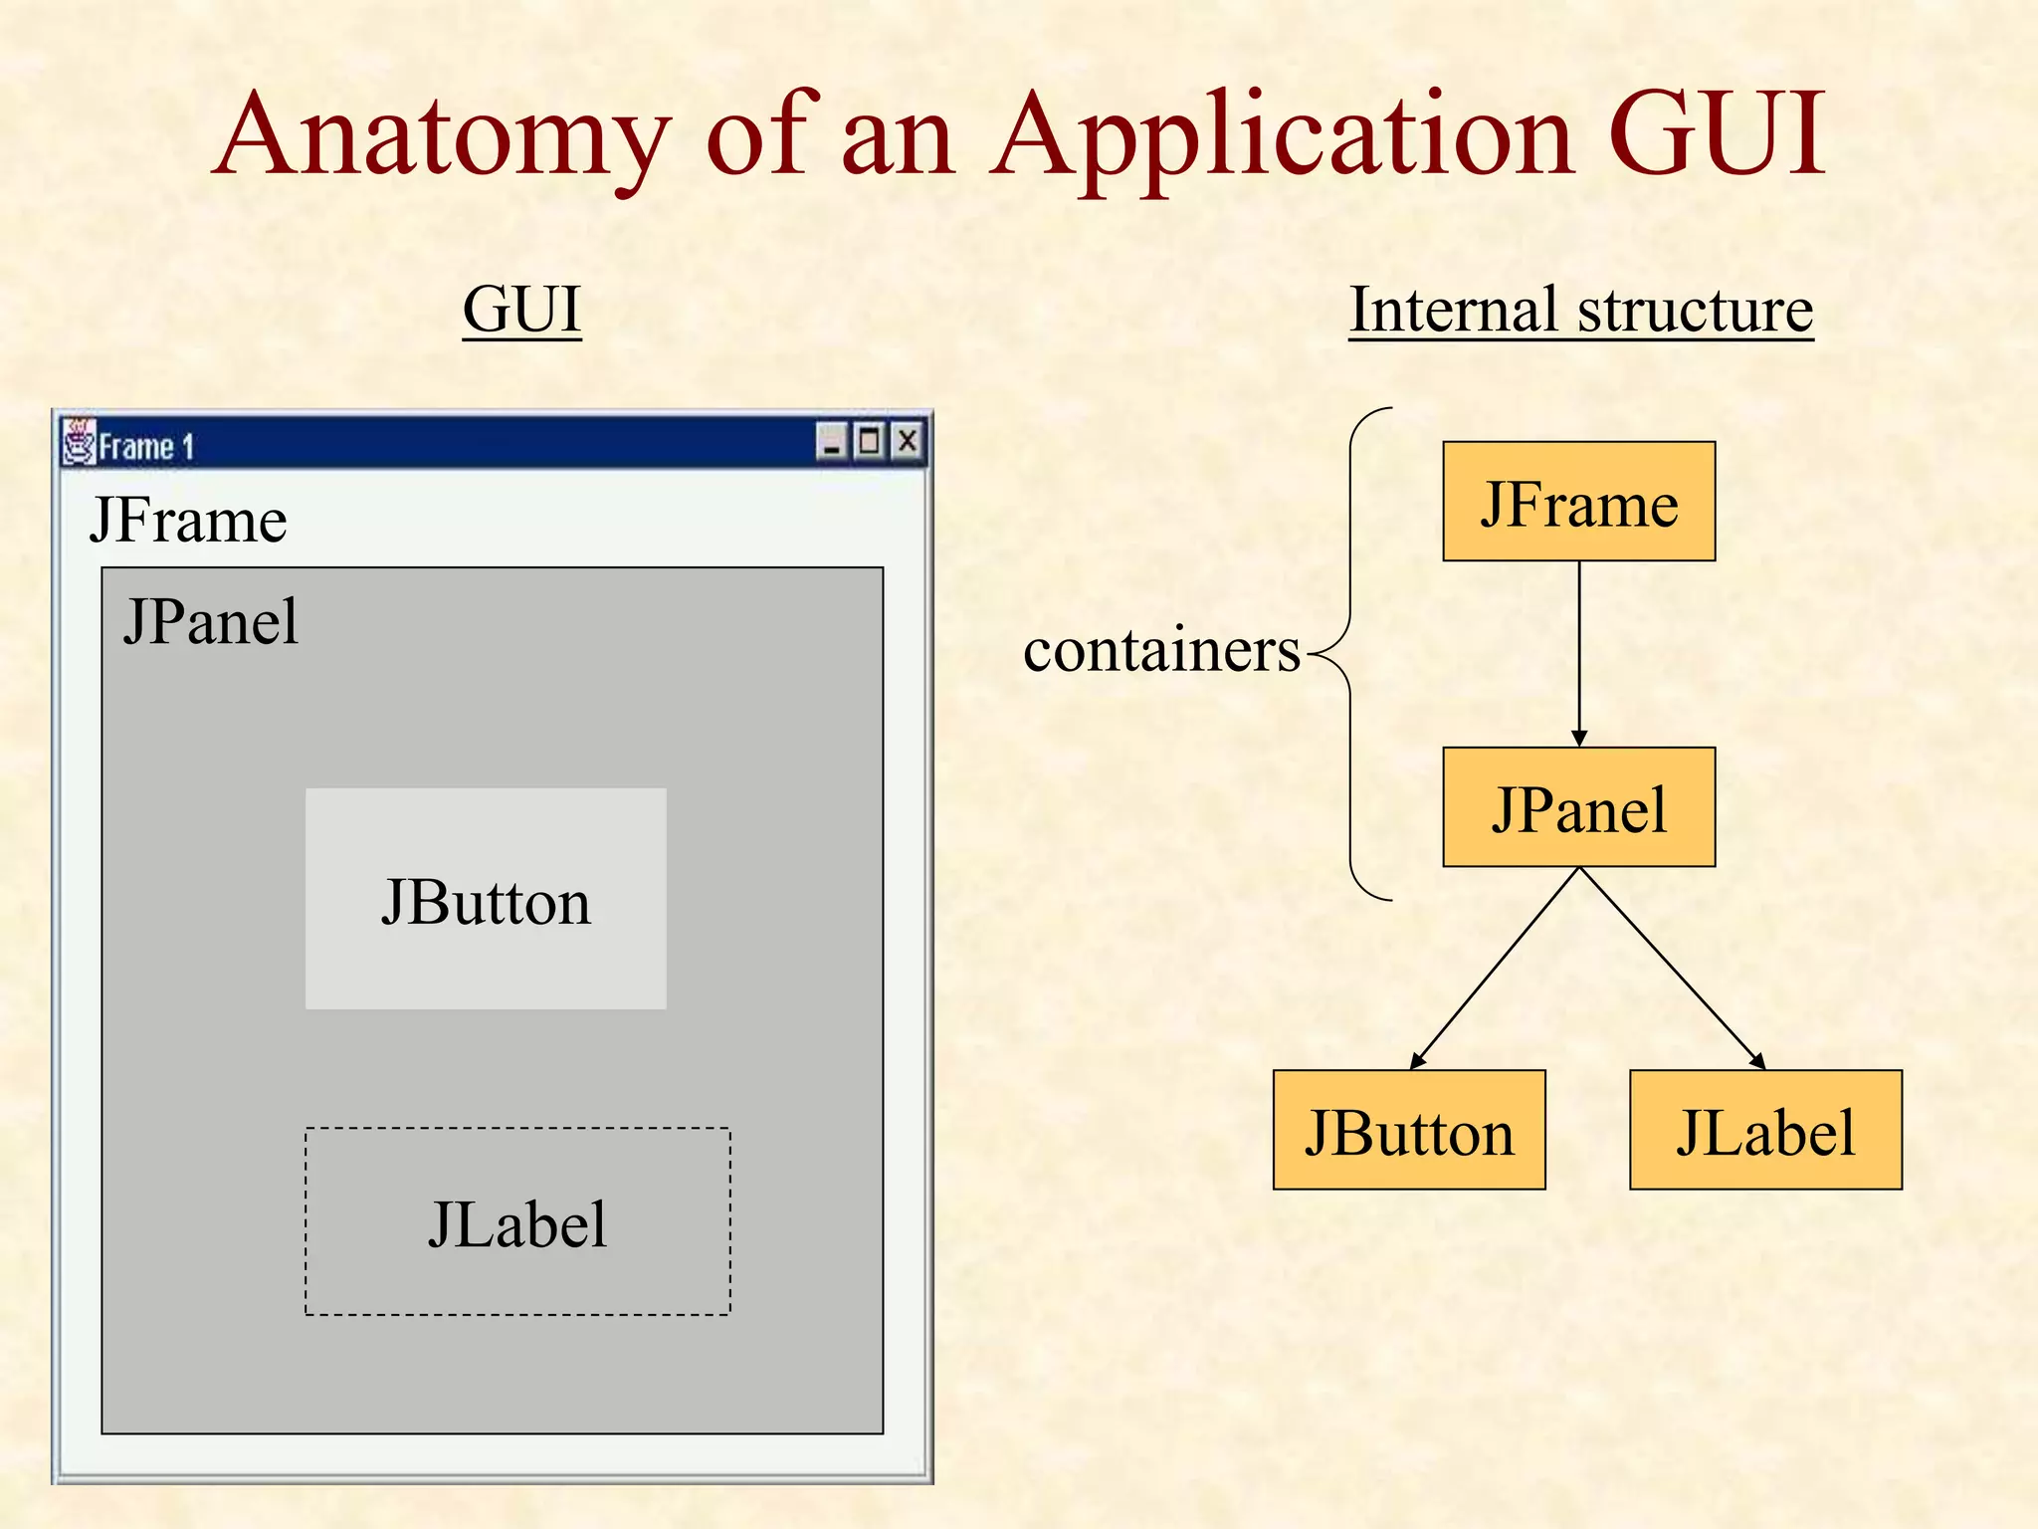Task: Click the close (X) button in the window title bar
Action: click(908, 441)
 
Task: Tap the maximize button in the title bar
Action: click(870, 441)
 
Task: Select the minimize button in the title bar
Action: click(832, 441)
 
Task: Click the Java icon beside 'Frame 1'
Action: click(79, 443)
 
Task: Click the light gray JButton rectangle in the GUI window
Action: click(486, 899)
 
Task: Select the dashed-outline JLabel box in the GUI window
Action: click(517, 1221)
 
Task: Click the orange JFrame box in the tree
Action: click(1578, 502)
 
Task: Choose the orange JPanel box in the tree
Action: click(1578, 807)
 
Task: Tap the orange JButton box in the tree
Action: click(1409, 1130)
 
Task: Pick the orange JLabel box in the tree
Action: click(1765, 1130)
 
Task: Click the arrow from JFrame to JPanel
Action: click(1579, 653)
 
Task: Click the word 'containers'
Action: click(1161, 651)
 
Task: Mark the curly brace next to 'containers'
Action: click(1351, 653)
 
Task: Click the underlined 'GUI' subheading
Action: click(521, 310)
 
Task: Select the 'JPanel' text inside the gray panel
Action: click(211, 622)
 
